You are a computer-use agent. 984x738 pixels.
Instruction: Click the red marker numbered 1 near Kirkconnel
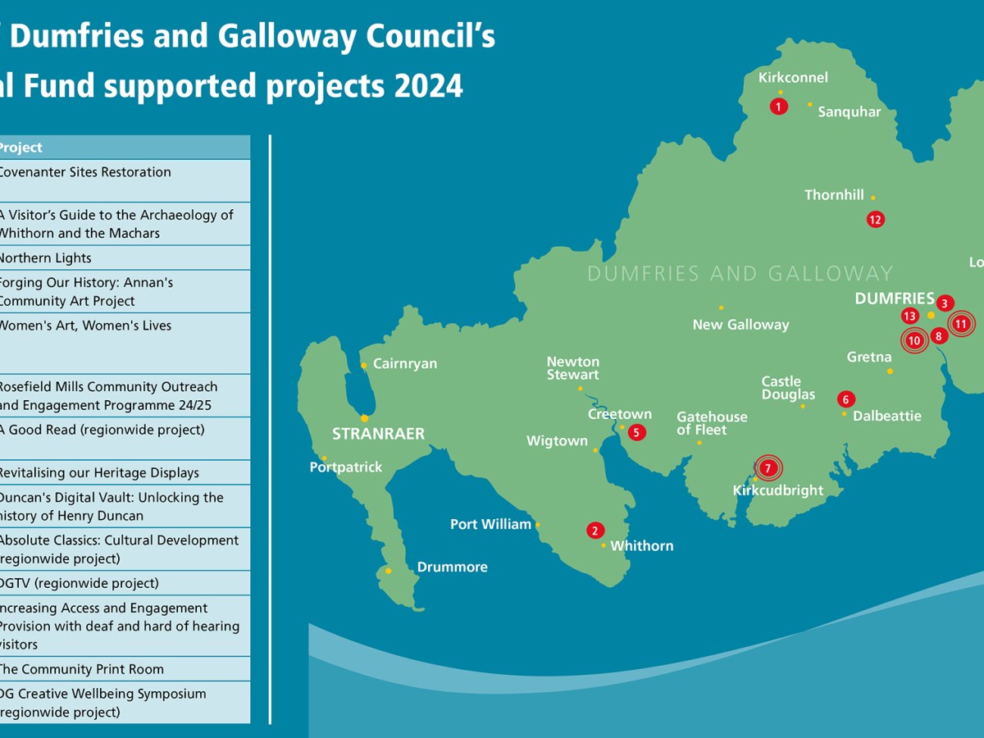click(778, 106)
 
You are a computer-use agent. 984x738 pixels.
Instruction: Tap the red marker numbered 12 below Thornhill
click(875, 219)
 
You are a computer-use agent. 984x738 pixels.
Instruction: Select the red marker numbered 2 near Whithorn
click(594, 531)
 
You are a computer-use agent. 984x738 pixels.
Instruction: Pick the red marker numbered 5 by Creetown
click(636, 431)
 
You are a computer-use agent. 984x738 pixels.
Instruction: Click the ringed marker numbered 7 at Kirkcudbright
click(768, 468)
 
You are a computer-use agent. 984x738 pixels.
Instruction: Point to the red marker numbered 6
click(845, 399)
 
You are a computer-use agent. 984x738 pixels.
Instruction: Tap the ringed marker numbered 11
click(960, 324)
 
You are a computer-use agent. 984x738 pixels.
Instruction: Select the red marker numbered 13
click(909, 316)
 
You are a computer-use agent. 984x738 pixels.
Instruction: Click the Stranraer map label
click(378, 434)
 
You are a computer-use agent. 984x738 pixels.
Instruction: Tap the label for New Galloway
click(740, 325)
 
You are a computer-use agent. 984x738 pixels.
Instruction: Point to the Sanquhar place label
click(849, 112)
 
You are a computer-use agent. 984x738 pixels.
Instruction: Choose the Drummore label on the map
click(452, 567)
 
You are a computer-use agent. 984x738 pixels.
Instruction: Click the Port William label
click(490, 524)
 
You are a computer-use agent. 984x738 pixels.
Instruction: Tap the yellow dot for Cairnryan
click(363, 366)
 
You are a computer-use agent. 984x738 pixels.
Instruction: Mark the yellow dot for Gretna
click(890, 371)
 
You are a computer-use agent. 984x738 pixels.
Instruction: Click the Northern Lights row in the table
click(123, 257)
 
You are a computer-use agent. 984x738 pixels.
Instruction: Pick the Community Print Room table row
click(123, 669)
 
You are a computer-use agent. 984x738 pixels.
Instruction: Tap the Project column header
click(123, 148)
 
